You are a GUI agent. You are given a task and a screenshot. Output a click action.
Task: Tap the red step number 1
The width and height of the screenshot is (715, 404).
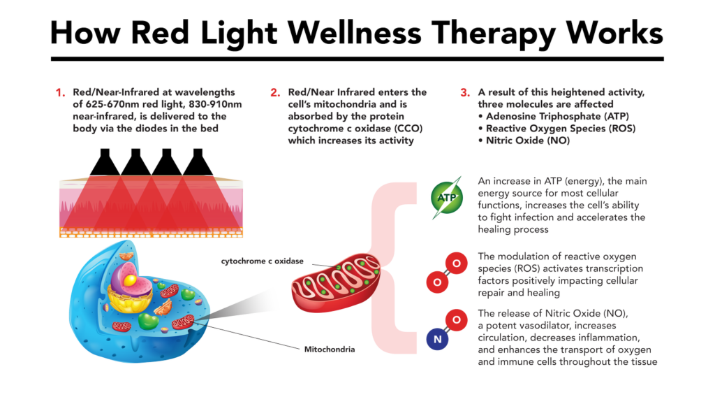coord(60,92)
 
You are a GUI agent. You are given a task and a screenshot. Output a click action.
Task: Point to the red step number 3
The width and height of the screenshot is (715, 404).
coord(464,92)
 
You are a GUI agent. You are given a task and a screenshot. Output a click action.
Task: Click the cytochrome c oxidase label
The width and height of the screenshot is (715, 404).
coord(262,261)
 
